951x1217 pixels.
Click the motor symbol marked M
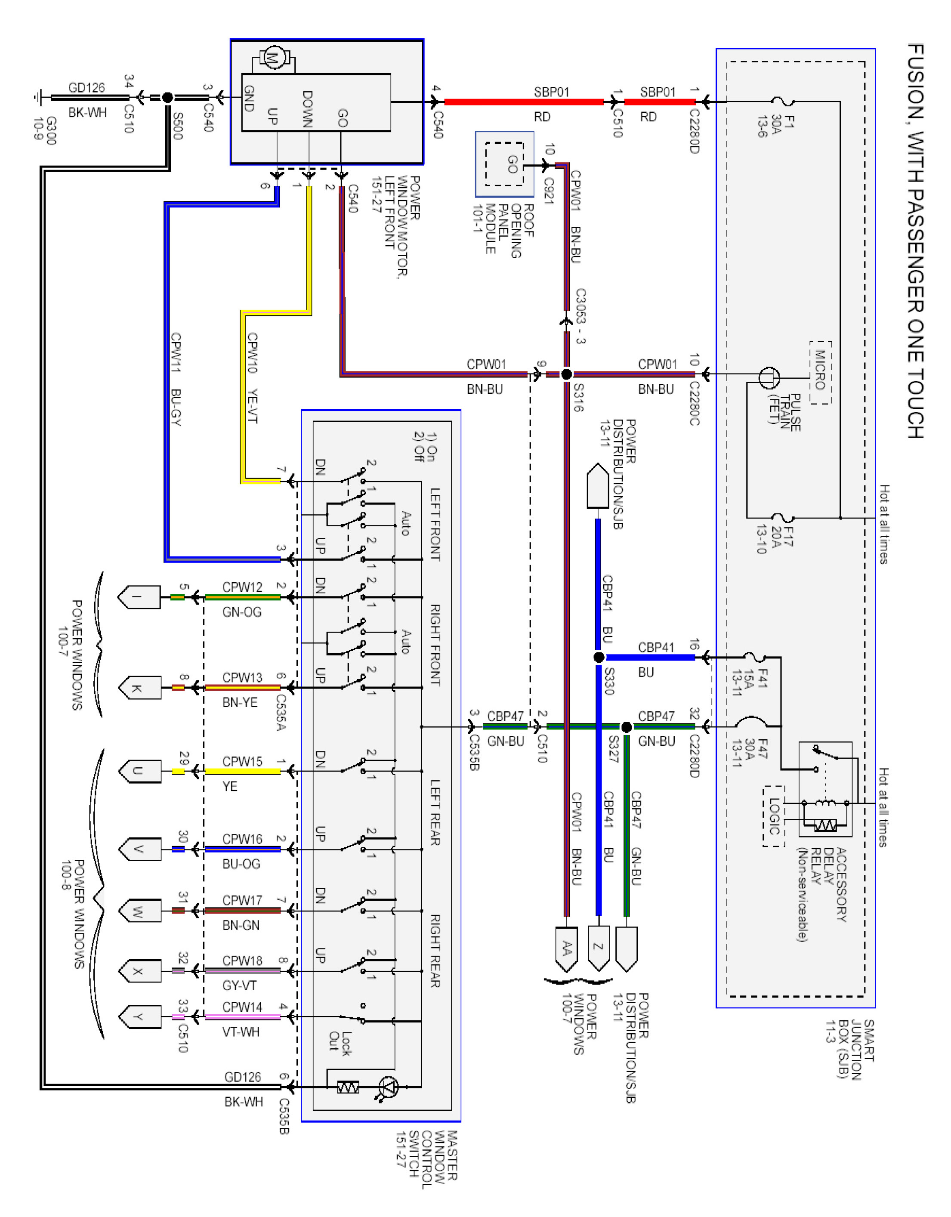click(273, 57)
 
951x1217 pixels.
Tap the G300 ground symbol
click(38, 98)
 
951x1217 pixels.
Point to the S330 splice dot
click(599, 658)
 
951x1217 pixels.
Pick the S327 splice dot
click(626, 727)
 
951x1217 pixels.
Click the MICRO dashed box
click(820, 372)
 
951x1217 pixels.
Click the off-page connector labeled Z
click(598, 947)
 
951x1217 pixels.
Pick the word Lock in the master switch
click(346, 1043)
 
